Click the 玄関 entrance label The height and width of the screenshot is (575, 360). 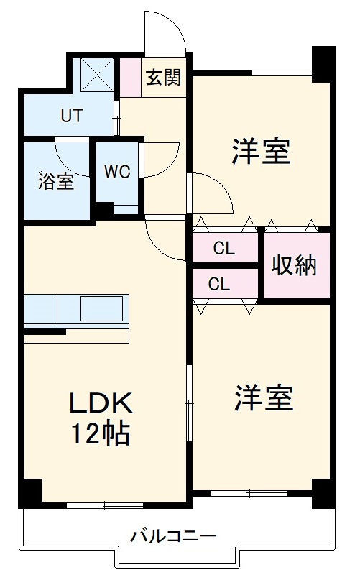pos(164,78)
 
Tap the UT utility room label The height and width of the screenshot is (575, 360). pos(71,114)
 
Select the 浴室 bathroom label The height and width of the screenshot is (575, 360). pos(55,180)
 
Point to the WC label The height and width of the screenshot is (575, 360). pos(117,172)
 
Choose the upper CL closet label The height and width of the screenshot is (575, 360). pos(223,249)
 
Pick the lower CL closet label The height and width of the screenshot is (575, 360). pos(219,282)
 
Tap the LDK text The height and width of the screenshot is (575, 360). pos(100,403)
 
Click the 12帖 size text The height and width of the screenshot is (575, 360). pos(100,433)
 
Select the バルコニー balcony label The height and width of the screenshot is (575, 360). pos(173,536)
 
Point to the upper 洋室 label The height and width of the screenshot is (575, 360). pos(260,152)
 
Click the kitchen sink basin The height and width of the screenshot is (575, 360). pos(101,309)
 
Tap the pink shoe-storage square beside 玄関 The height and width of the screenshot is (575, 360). pos(130,78)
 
